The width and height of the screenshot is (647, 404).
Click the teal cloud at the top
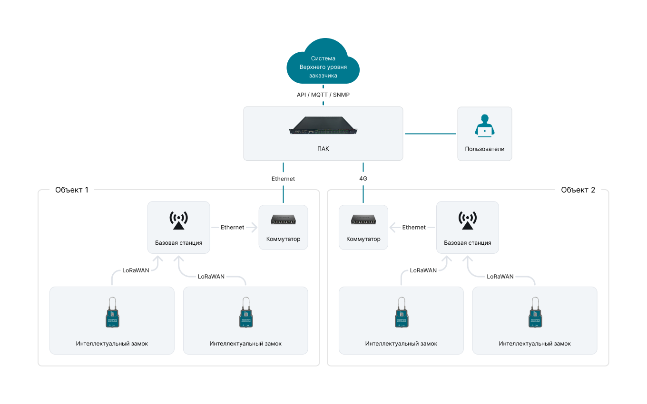pyautogui.click(x=323, y=61)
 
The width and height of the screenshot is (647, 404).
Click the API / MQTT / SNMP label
pyautogui.click(x=323, y=95)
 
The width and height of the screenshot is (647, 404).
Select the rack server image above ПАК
pyautogui.click(x=323, y=125)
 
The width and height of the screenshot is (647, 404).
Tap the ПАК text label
pyautogui.click(x=323, y=149)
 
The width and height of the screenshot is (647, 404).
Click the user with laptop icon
pyautogui.click(x=484, y=125)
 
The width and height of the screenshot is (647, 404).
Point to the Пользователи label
pyautogui.click(x=484, y=149)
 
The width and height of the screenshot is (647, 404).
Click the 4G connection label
pyautogui.click(x=363, y=179)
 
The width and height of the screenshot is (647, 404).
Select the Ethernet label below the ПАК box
pyautogui.click(x=283, y=179)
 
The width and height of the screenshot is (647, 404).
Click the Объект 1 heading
pyautogui.click(x=72, y=190)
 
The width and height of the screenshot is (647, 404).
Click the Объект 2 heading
pyautogui.click(x=578, y=190)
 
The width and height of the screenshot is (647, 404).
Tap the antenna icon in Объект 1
pyautogui.click(x=178, y=221)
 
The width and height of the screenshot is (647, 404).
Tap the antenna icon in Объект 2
pyautogui.click(x=467, y=221)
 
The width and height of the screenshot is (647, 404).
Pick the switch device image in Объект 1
pyautogui.click(x=283, y=220)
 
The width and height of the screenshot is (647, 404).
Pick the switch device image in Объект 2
pyautogui.click(x=363, y=220)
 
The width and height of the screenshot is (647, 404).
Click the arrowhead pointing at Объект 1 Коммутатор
pyautogui.click(x=255, y=227)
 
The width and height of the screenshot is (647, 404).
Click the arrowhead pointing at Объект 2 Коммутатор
pyautogui.click(x=392, y=227)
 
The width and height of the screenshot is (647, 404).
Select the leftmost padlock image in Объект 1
pyautogui.click(x=112, y=313)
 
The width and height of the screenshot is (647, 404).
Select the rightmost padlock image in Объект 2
pyautogui.click(x=535, y=313)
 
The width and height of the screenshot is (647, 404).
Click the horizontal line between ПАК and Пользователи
pyautogui.click(x=431, y=134)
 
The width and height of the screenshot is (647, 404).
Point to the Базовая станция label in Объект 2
pyautogui.click(x=467, y=243)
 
